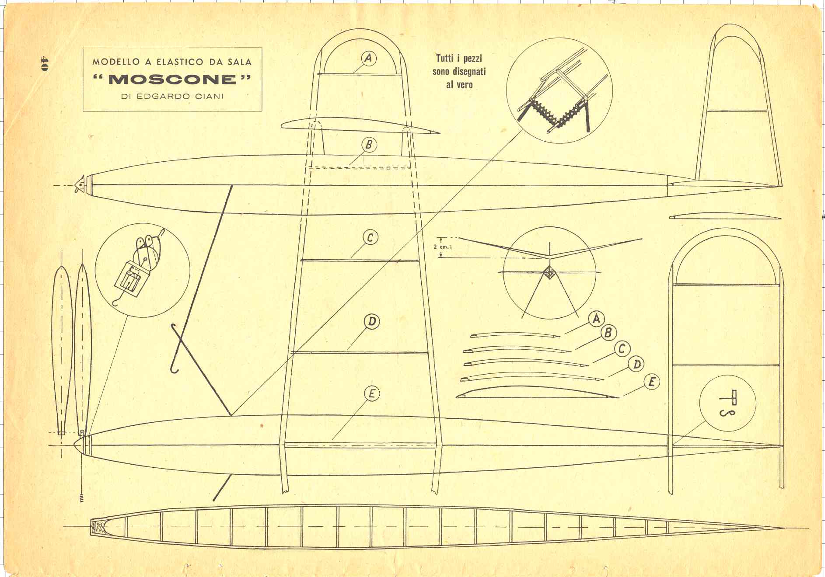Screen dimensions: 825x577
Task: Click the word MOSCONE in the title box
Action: (172, 79)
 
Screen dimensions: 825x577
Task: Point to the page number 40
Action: (44, 63)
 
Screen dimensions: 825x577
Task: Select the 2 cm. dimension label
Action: (442, 247)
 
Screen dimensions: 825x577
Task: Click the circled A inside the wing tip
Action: (369, 58)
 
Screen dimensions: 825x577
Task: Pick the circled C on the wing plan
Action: (370, 237)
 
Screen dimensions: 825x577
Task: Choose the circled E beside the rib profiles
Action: (651, 382)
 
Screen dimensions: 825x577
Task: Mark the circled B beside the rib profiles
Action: (608, 333)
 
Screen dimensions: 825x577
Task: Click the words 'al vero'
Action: (459, 84)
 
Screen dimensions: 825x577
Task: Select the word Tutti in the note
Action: (446, 58)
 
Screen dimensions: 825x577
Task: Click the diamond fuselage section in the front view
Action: (549, 273)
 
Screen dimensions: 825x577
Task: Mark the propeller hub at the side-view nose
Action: (80, 186)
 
